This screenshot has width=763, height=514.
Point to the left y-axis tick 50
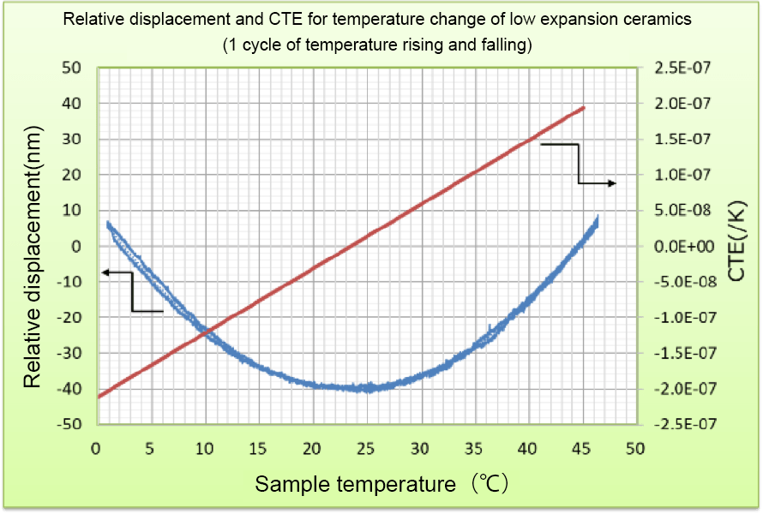72,68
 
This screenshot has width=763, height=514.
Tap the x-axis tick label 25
366,448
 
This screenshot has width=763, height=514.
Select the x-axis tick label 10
204,448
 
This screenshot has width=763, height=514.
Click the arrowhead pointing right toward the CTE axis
612,183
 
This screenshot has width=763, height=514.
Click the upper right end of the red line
584,107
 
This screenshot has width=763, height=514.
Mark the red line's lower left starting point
99,397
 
